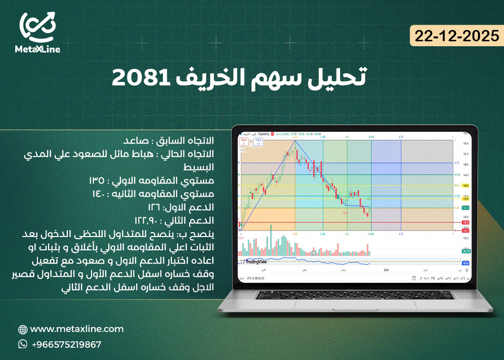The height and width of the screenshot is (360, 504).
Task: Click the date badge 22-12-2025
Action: [x=457, y=35]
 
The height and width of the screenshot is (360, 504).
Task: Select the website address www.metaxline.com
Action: [x=77, y=329]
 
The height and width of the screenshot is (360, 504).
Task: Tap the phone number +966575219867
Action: [x=66, y=345]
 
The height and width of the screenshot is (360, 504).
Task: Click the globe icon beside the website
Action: [x=23, y=330]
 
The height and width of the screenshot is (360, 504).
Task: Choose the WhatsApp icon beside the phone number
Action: [x=23, y=344]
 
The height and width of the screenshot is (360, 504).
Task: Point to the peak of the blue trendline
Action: [x=295, y=141]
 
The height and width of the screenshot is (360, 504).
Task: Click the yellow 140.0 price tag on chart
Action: [x=465, y=186]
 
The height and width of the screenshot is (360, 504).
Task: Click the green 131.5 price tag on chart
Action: [x=465, y=208]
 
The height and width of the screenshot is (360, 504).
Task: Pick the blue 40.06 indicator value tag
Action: [x=465, y=263]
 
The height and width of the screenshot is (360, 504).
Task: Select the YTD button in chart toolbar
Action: [x=433, y=278]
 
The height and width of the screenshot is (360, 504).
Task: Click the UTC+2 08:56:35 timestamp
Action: [x=254, y=278]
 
